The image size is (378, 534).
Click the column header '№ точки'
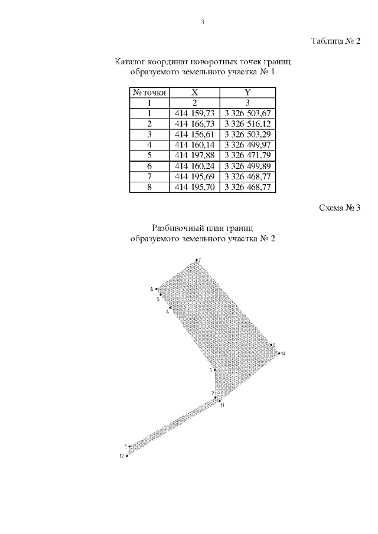[150, 92]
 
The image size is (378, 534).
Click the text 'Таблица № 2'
[335, 41]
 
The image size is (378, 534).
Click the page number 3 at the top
[203, 22]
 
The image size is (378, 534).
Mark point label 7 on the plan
[200, 260]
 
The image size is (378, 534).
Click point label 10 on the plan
[283, 353]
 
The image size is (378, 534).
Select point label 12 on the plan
[122, 456]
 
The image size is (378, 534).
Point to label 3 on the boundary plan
[210, 371]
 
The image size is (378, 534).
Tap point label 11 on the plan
[222, 405]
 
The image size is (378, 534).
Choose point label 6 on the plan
[152, 289]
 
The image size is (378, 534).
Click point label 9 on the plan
[274, 345]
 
